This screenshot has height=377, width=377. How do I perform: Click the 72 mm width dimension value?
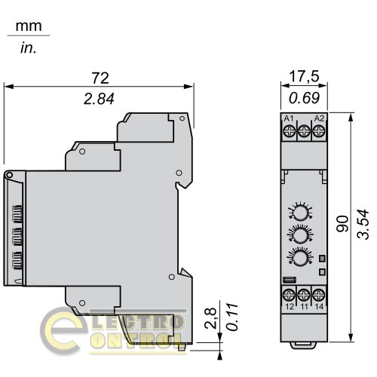coord(100,78)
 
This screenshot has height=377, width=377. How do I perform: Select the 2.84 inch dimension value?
coord(99,99)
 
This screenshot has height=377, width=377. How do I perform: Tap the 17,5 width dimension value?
coord(304,77)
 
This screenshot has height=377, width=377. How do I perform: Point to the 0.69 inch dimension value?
coord(304,98)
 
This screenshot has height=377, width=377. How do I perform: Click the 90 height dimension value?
coord(342,223)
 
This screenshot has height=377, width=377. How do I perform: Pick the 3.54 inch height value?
coord(363,224)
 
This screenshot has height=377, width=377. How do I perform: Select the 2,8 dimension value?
coord(210,318)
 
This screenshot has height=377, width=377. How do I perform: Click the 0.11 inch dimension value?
coord(231,317)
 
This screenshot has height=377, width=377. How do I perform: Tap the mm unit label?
coord(29,26)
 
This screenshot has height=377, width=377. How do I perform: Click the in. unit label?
coord(29,48)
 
